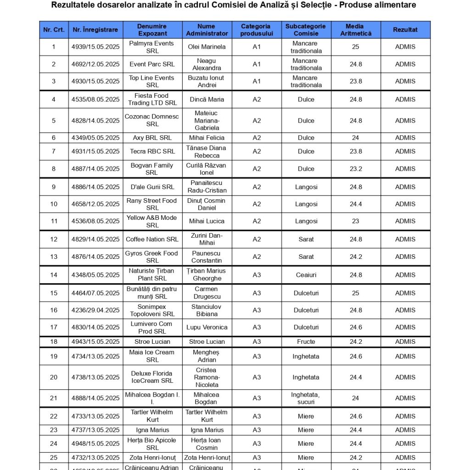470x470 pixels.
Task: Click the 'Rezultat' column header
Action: tap(405, 30)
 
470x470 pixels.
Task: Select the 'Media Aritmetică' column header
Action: tap(355, 30)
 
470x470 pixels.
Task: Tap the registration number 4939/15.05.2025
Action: tap(95, 47)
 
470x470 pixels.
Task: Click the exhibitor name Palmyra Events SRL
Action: tap(152, 47)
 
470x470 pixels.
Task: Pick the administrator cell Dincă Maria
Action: tap(207, 99)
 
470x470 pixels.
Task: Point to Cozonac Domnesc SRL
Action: tap(152, 120)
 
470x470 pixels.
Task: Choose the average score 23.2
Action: tap(355, 169)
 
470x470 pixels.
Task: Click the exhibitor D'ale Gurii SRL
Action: tap(152, 187)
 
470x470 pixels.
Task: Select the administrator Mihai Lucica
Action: tap(207, 221)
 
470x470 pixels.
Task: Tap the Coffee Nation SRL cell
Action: tap(152, 239)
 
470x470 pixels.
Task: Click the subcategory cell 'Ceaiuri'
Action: tap(306, 275)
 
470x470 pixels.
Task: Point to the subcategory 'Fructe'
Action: tap(306, 341)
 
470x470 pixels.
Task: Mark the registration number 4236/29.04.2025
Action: tap(95, 310)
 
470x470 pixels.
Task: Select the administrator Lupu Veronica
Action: tap(207, 327)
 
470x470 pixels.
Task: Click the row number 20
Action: tap(54, 377)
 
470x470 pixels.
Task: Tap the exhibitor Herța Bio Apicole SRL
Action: tap(152, 444)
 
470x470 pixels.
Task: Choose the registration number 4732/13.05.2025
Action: tap(95, 458)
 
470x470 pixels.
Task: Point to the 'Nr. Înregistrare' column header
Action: tap(95, 30)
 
